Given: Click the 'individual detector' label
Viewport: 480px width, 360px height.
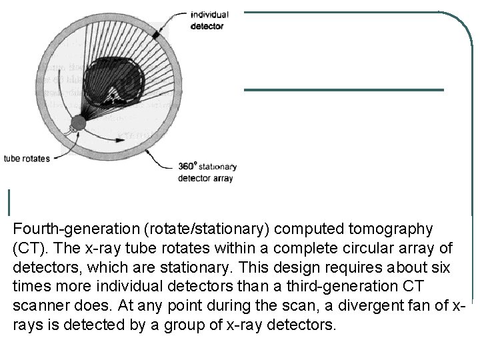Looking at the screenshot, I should (x=209, y=21).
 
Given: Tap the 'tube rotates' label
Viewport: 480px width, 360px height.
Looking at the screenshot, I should (x=27, y=159).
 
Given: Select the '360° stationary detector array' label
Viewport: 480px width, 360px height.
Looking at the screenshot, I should (x=207, y=172).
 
